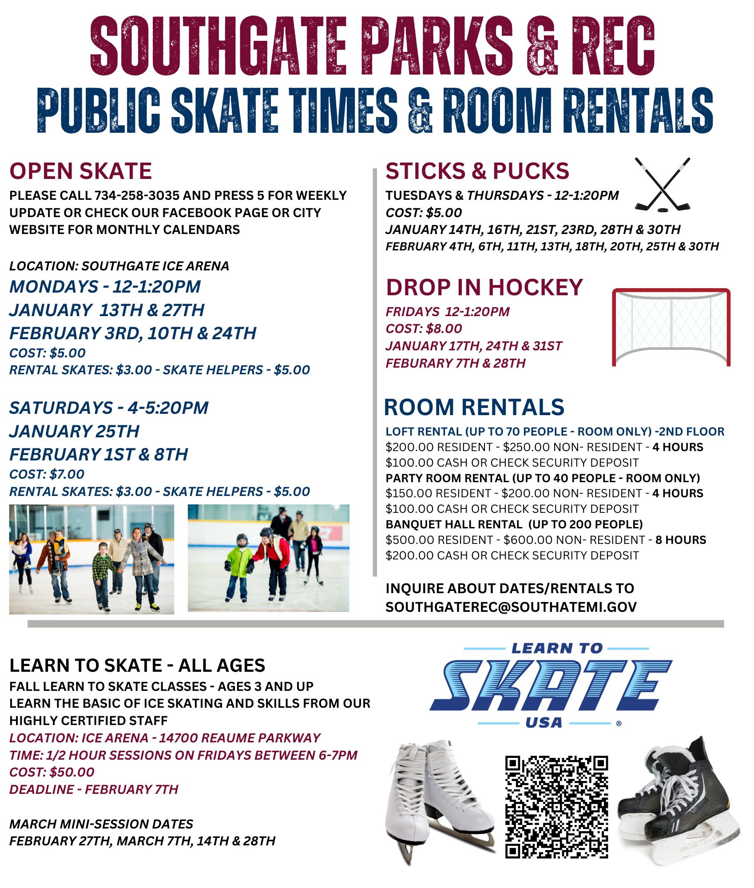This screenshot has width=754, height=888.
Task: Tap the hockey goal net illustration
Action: [671, 327]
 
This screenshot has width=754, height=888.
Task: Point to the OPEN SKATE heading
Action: [80, 171]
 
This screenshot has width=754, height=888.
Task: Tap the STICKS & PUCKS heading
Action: [477, 171]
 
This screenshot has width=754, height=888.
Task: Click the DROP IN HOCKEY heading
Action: [484, 287]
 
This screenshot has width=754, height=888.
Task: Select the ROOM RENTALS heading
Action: [474, 407]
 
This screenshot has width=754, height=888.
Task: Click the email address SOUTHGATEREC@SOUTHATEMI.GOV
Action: [511, 607]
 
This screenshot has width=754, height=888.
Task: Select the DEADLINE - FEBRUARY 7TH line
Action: [94, 789]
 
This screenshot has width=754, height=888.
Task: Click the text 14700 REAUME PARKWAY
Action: [239, 738]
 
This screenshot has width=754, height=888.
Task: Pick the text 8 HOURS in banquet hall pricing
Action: [680, 540]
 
